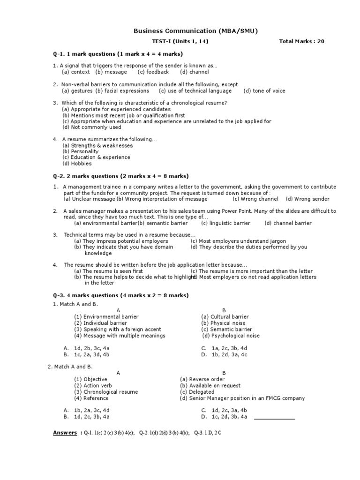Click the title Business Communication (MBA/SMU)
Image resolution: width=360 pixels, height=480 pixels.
click(x=195, y=31)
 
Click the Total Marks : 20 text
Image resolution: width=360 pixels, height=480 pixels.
click(x=301, y=41)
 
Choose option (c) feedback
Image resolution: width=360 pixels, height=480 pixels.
click(x=153, y=72)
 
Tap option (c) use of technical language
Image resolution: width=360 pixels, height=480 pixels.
click(x=195, y=91)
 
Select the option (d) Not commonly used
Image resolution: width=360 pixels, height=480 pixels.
click(x=91, y=127)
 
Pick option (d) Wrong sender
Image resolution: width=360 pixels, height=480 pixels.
click(x=307, y=199)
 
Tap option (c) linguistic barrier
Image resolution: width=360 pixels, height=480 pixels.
click(x=225, y=223)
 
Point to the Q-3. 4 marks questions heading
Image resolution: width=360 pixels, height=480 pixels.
click(x=120, y=295)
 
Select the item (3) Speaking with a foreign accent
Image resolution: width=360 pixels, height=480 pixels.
click(x=117, y=330)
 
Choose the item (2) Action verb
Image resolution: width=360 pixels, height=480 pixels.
click(x=93, y=386)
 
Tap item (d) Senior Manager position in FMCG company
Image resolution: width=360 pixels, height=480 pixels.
click(x=242, y=398)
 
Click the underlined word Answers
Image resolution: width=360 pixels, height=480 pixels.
click(x=65, y=433)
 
